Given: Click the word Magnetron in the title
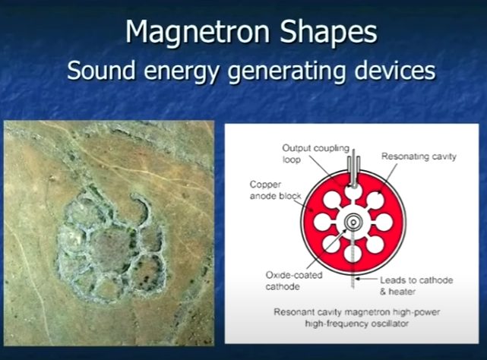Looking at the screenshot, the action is [198, 32].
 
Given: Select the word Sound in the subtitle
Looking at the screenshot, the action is [101, 70].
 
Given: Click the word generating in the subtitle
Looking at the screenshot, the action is [286, 72].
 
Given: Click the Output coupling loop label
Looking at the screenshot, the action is [315, 153].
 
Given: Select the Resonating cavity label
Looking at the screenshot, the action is [419, 156].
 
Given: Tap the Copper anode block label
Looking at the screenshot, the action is [276, 190].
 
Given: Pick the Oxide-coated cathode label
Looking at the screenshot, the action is [294, 280].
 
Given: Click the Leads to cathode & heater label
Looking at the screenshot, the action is [416, 286].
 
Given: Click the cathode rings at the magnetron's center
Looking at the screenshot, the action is [353, 222].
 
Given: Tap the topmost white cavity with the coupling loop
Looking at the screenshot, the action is [353, 191].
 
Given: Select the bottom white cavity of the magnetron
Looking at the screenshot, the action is [353, 253].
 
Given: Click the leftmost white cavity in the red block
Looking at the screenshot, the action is [323, 222].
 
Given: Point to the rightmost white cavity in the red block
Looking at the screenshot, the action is [384, 222].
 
